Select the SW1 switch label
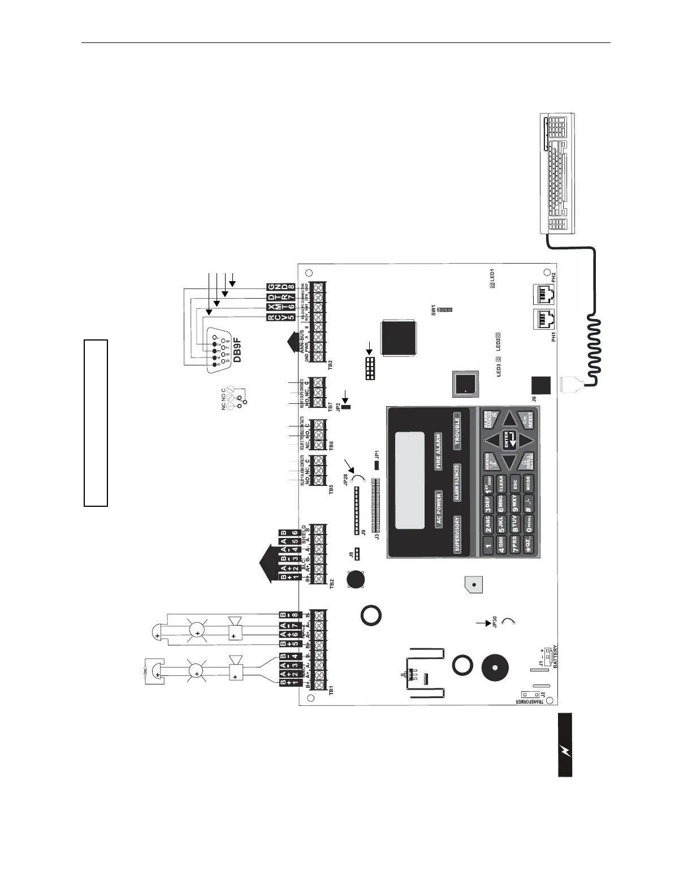pos(434,310)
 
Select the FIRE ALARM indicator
pos(438,451)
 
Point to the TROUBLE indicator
pos(457,429)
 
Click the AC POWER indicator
pos(438,510)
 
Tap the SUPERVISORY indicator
pos(457,534)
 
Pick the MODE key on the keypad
pos(528,484)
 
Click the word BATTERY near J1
pos(556,657)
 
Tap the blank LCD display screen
pos(409,480)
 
